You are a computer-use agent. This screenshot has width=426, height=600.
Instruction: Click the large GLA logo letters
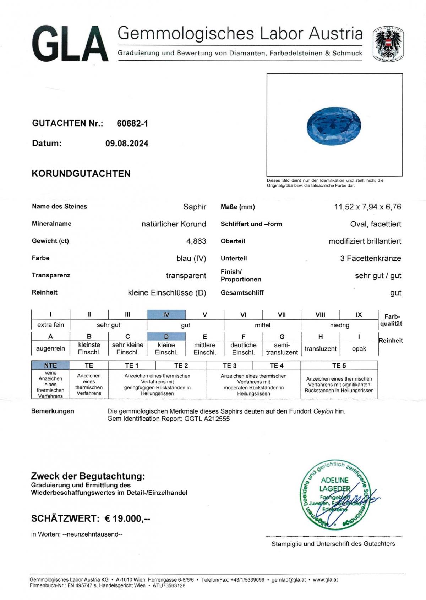70,44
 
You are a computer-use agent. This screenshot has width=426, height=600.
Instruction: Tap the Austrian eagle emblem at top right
388,44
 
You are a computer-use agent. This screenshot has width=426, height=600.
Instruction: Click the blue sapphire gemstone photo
334,126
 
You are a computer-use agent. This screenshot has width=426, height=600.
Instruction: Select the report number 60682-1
132,123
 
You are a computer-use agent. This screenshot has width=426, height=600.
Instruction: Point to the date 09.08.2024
127,144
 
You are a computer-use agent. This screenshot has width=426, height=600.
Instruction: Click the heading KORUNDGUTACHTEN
81,174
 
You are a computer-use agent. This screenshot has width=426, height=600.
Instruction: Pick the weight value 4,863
196,241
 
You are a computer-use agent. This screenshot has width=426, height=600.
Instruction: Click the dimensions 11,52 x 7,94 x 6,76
367,207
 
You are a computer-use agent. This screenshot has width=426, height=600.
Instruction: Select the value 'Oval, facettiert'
376,224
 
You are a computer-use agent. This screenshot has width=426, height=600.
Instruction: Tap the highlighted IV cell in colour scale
166,314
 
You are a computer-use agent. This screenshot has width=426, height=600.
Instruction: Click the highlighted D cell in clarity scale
166,336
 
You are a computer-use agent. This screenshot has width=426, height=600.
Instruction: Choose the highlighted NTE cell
50,365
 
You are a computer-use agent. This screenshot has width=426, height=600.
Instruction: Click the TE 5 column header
339,365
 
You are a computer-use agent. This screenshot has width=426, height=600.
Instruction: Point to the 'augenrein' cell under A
50,348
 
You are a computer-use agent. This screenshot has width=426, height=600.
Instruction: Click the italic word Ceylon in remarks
323,411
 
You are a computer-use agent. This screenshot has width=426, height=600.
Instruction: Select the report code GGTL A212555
207,419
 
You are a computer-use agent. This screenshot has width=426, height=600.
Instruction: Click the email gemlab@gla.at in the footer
289,580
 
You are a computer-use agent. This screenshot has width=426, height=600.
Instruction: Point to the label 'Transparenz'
51,275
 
